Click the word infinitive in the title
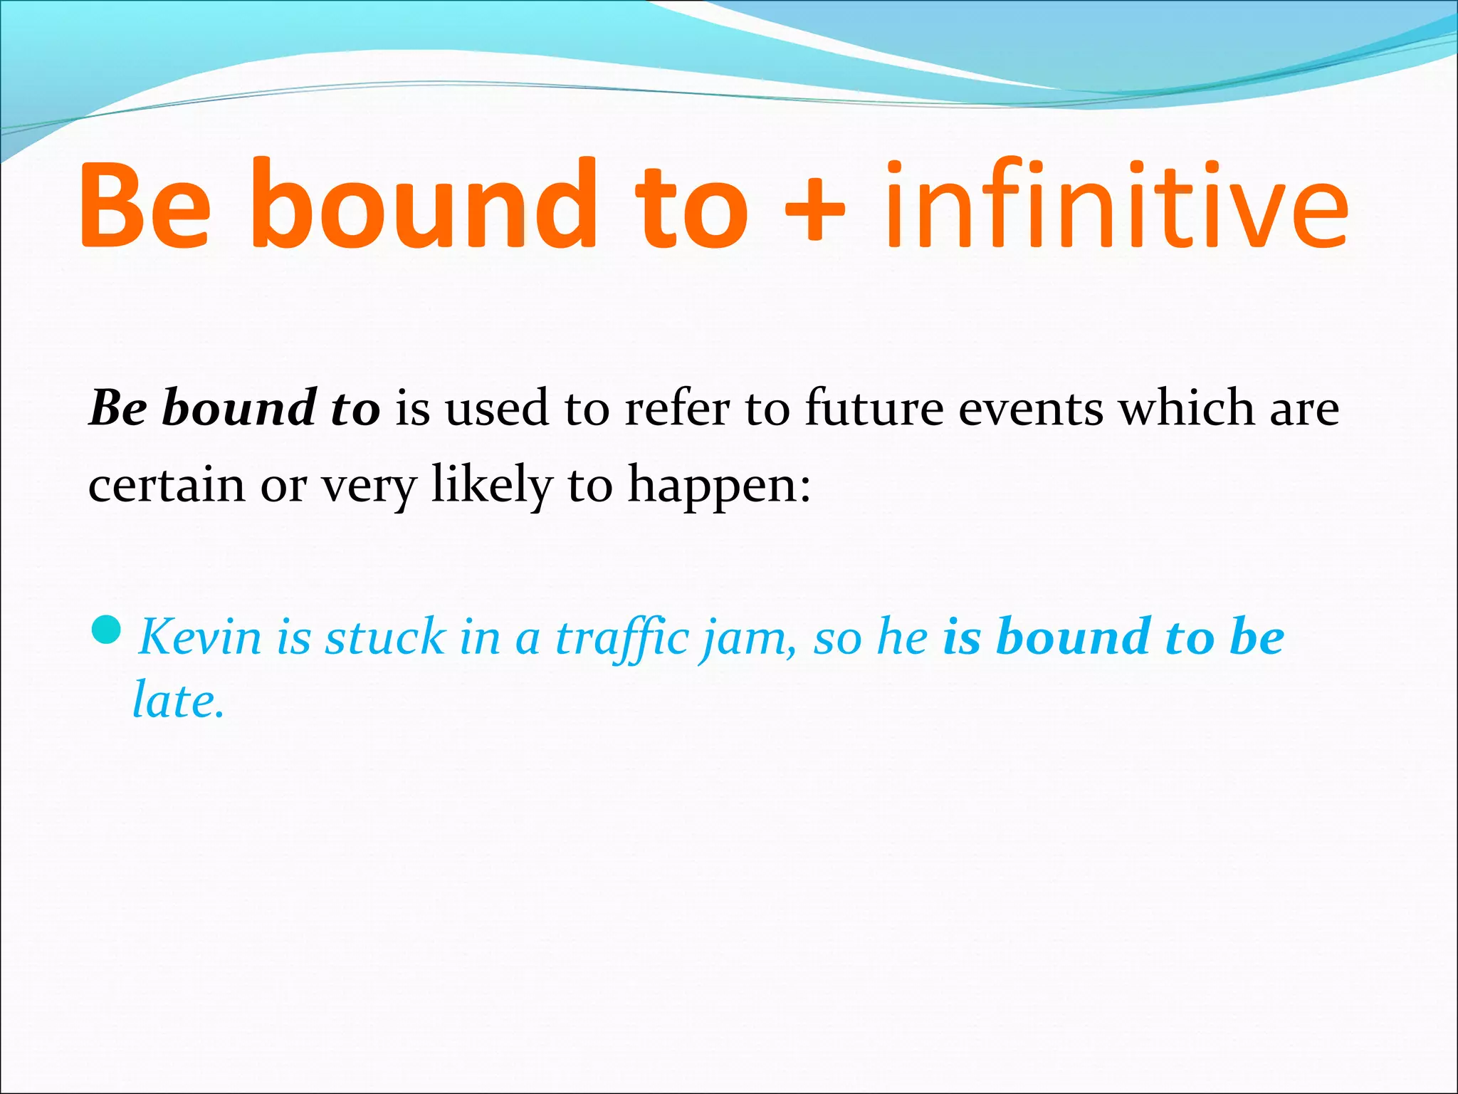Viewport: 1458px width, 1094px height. pyautogui.click(x=1116, y=207)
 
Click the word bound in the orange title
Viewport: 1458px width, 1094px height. pyautogui.click(x=423, y=207)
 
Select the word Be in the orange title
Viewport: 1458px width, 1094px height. pyautogui.click(x=147, y=207)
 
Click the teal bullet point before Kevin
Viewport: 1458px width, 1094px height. pyautogui.click(x=107, y=630)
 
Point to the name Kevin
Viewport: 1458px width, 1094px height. pyautogui.click(x=200, y=636)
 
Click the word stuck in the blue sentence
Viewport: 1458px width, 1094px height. pyautogui.click(x=384, y=636)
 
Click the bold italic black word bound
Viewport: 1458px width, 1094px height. pyautogui.click(x=238, y=409)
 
